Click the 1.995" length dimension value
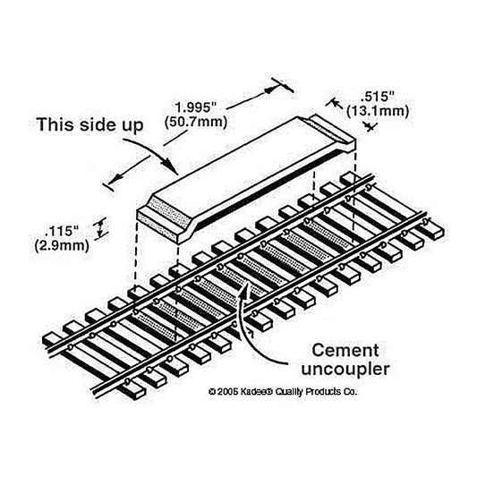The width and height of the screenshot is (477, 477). coord(195,107)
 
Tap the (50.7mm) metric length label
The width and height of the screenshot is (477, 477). coord(196,123)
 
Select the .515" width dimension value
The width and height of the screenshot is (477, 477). coord(377,97)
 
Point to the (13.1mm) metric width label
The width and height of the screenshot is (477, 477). coord(378,111)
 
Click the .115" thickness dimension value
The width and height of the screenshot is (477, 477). coord(62,232)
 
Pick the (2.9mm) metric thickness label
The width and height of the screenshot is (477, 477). coord(62,245)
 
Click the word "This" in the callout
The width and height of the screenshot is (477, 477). coord(55,124)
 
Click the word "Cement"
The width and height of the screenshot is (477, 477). coord(345,350)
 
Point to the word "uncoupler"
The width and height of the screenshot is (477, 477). coord(345,370)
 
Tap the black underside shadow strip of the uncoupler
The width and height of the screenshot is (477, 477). coord(268,189)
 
